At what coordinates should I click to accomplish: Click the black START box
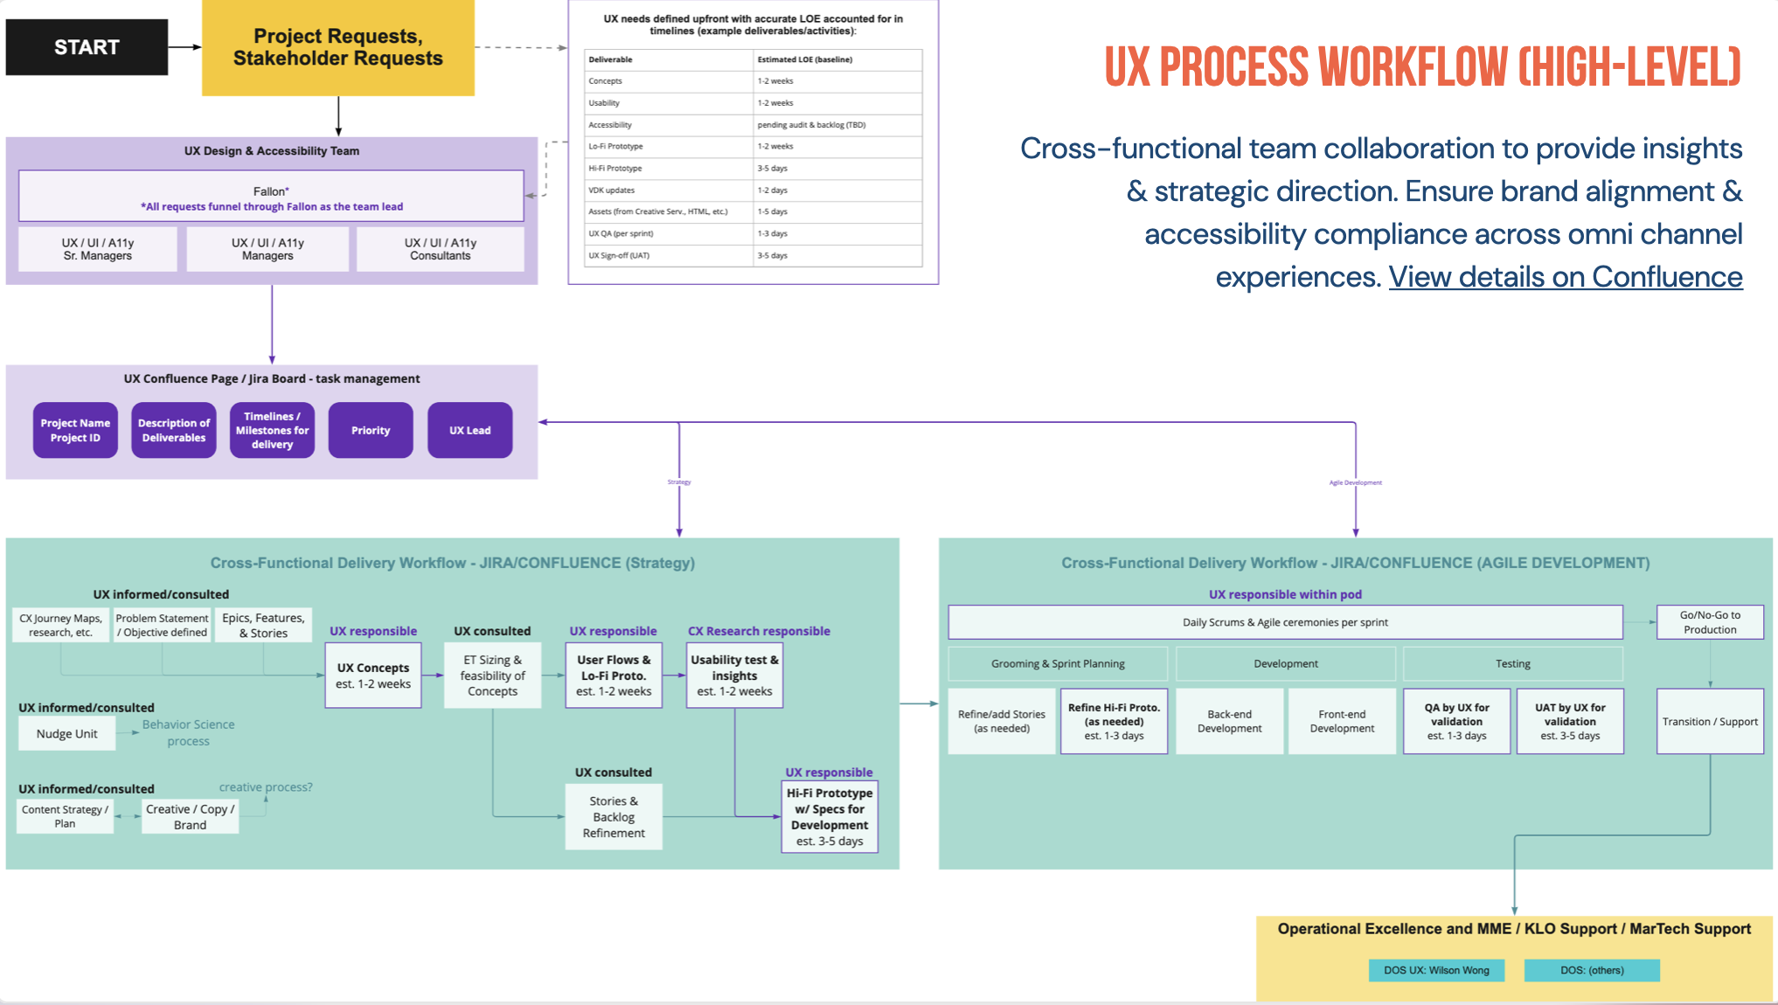click(87, 47)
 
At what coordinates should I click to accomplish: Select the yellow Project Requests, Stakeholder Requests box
click(337, 47)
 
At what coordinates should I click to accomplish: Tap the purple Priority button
click(371, 430)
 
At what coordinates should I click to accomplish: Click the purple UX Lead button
click(469, 430)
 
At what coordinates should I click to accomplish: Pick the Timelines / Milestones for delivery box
click(272, 430)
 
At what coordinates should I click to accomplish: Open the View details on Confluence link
click(1565, 277)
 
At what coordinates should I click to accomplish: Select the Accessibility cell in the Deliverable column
click(668, 125)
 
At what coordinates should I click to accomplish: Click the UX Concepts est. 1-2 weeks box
click(373, 676)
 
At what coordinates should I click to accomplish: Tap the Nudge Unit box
click(66, 734)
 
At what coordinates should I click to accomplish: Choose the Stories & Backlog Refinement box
click(614, 817)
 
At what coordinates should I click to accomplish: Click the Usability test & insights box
click(734, 676)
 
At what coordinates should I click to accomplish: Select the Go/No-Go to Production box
click(1709, 622)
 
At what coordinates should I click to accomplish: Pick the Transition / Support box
click(1709, 722)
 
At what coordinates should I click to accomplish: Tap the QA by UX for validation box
click(1456, 722)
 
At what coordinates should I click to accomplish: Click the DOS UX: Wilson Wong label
click(1436, 970)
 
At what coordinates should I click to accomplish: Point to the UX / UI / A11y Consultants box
click(440, 249)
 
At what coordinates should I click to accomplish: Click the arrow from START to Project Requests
click(184, 47)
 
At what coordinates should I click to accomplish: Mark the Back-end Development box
click(1229, 722)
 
